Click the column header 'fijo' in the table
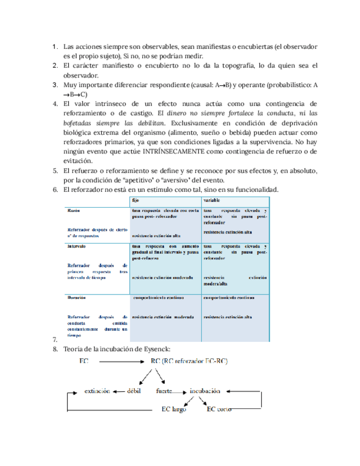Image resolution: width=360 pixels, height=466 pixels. click(136, 201)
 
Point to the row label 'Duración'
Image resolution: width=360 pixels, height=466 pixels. click(77, 298)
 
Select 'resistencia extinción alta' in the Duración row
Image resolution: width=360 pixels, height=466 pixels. click(228, 318)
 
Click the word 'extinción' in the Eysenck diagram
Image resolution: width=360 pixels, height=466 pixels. click(97, 391)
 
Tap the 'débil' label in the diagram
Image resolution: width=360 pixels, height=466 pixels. click(135, 391)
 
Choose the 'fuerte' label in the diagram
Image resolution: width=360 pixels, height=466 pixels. click(164, 391)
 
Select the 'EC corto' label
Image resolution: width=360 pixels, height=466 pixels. click(218, 409)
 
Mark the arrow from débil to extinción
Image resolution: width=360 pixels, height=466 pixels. click(119, 392)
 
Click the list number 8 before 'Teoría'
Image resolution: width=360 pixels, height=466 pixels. click(55, 349)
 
